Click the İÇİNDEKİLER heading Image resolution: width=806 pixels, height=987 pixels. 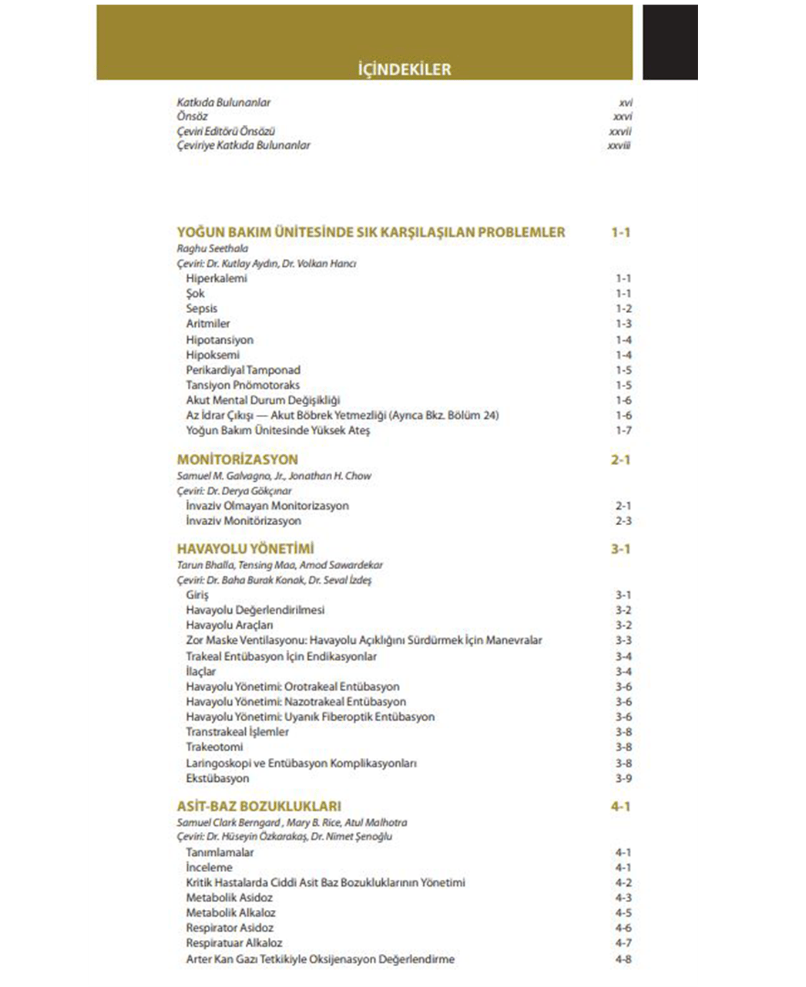coord(405,69)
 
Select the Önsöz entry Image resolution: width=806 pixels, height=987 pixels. coord(192,116)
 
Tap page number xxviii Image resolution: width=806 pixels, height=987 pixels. coord(619,145)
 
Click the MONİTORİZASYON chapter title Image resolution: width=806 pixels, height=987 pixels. coord(237,460)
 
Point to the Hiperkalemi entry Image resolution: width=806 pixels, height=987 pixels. coord(217,278)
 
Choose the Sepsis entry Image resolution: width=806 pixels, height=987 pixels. coord(202,308)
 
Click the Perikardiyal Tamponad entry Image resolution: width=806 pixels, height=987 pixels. coord(243,370)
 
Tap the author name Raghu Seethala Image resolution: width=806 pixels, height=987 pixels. coord(213,249)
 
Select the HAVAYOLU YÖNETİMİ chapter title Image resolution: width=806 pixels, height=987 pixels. coord(245,549)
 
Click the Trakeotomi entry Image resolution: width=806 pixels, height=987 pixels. coord(214,747)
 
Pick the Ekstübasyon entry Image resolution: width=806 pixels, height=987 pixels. coord(217,778)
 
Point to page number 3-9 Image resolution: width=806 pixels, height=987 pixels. coord(623,778)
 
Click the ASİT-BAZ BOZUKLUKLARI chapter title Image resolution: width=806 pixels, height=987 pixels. coord(259,807)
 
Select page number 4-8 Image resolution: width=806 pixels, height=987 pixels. coord(623,959)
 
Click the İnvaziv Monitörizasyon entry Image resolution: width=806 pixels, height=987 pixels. coord(243,521)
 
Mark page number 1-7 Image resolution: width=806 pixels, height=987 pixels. coord(623,430)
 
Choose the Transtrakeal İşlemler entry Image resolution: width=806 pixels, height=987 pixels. coord(237,732)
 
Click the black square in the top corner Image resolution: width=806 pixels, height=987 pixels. coord(670,42)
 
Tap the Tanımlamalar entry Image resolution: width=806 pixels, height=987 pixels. coord(220,853)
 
